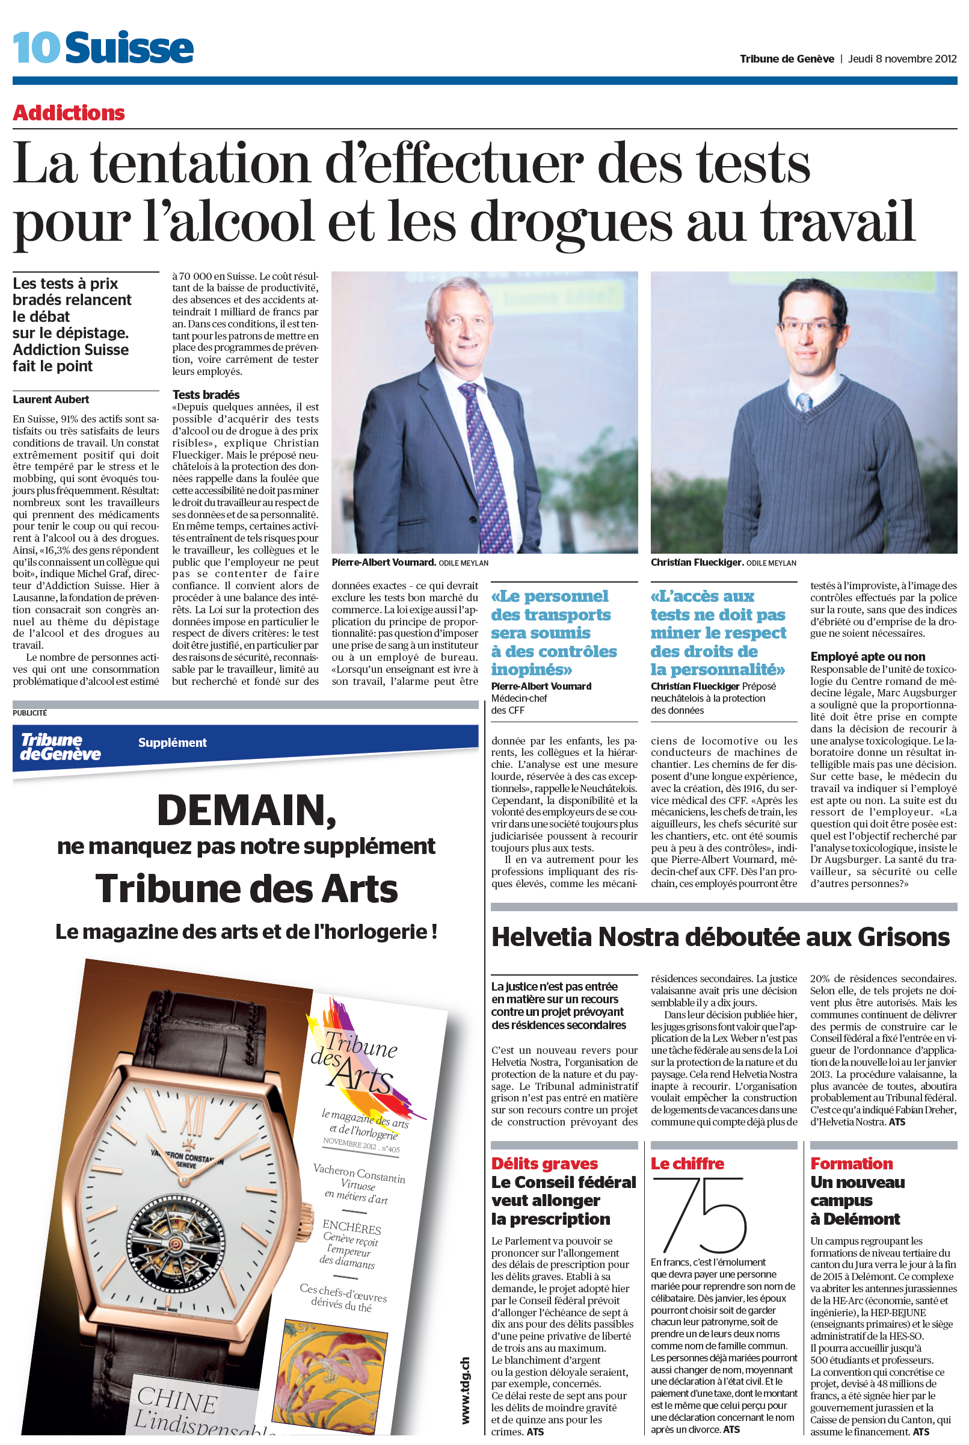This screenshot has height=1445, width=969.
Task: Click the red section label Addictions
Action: (69, 113)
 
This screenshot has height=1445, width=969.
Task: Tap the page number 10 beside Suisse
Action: (37, 48)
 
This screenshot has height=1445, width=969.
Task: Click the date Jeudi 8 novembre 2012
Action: (902, 60)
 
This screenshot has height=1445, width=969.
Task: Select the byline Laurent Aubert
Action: (51, 400)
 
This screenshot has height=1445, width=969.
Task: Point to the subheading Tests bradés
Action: (206, 394)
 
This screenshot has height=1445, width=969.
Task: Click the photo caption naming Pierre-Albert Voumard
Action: (384, 562)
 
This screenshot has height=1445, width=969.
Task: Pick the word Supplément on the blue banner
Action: (173, 743)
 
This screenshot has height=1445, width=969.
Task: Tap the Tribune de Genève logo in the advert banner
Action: (60, 747)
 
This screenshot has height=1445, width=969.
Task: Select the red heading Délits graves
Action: (544, 1164)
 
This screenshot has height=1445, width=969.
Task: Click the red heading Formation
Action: (852, 1164)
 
